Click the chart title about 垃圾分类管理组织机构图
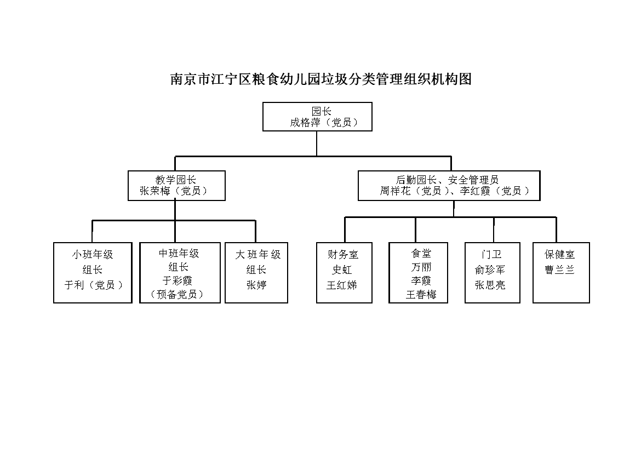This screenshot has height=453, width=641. point(321,79)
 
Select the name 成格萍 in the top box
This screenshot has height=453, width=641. point(305,123)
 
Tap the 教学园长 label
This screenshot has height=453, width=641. point(176,180)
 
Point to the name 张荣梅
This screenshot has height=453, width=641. point(155,191)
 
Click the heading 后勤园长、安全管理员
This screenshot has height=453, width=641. point(447,180)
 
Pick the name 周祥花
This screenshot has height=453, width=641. point(396,191)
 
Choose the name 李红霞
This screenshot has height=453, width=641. point(475,191)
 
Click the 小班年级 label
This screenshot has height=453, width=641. point(93,254)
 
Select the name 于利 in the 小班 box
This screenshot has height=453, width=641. point(75,285)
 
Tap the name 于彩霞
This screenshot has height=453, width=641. point(178,280)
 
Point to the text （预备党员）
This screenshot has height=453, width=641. point(178,294)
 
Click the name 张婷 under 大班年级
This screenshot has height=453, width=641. point(256,285)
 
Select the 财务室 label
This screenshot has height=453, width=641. point(343,254)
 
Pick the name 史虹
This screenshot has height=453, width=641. point(342,270)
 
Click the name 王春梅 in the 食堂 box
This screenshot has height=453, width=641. point(421,294)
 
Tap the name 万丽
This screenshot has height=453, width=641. point(421,267)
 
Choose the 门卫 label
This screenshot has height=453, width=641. point(491,254)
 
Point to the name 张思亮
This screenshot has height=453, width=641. point(490,285)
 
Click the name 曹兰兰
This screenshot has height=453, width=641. point(560,270)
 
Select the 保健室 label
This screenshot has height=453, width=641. point(560,254)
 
